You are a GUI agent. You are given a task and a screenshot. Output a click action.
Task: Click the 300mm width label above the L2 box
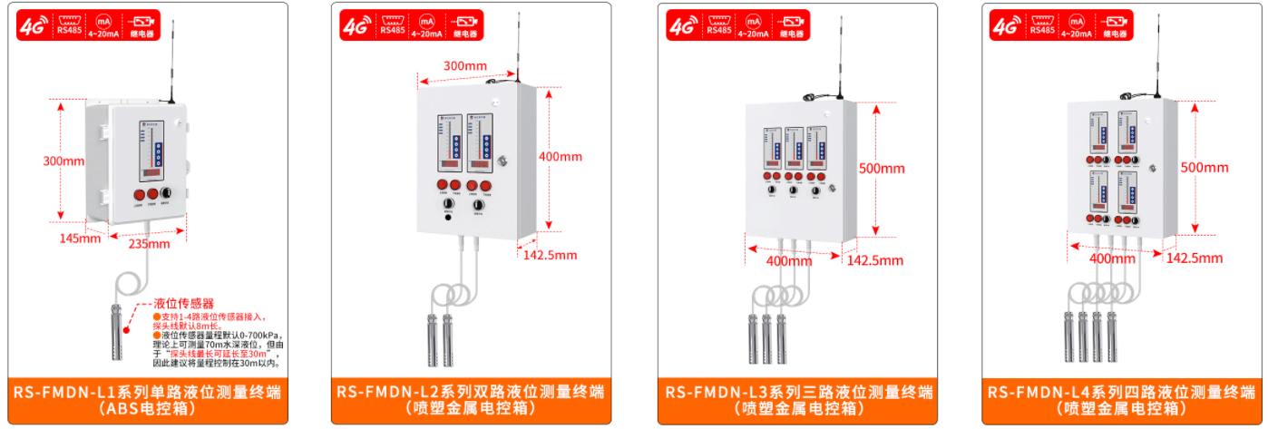click(465, 65)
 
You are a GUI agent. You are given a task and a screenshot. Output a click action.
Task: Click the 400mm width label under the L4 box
click(1112, 258)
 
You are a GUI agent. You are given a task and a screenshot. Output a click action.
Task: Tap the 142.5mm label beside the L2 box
click(550, 255)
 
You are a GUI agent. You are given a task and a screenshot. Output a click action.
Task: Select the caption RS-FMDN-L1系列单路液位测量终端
click(147, 393)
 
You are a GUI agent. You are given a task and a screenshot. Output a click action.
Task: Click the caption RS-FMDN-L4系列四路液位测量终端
click(1122, 393)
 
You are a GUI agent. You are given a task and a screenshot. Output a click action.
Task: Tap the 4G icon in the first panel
click(33, 25)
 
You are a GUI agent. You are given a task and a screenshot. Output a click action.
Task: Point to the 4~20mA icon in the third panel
click(752, 25)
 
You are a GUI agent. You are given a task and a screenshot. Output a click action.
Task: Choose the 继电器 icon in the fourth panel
click(1115, 25)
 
